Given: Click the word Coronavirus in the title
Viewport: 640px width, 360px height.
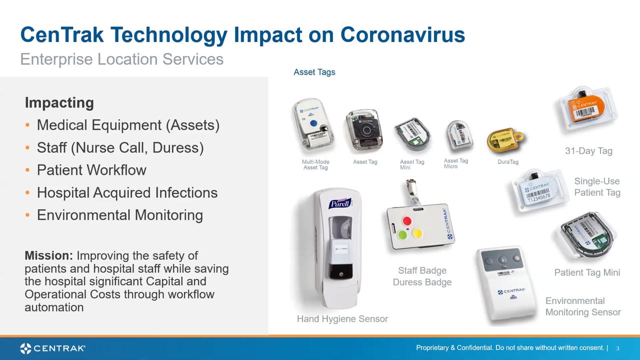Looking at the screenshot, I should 402,35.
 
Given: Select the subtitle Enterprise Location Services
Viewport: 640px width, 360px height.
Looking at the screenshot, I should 121,59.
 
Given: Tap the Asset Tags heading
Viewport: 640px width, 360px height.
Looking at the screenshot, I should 314,72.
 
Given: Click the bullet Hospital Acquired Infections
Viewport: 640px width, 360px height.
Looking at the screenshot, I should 127,192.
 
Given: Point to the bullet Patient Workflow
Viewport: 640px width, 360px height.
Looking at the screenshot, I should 91,170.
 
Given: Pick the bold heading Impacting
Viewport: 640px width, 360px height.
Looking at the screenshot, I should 59,102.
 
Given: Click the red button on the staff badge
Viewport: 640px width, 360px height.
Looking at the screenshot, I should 407,221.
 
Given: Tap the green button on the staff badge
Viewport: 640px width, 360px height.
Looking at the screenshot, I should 402,234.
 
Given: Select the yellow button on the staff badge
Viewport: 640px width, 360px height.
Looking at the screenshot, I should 416,232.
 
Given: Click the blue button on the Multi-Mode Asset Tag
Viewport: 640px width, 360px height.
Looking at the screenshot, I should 313,123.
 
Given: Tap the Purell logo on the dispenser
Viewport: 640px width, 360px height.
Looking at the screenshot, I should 339,203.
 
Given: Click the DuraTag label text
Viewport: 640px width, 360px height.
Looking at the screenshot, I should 507,162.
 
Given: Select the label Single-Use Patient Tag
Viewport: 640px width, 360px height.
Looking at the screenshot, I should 597,187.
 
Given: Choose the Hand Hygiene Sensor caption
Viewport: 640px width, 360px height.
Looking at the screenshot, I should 342,318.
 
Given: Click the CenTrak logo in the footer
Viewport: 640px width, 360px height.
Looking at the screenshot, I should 52,348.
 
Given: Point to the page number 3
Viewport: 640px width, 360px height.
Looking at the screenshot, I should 617,348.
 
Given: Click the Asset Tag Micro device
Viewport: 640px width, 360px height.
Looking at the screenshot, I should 458,135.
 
